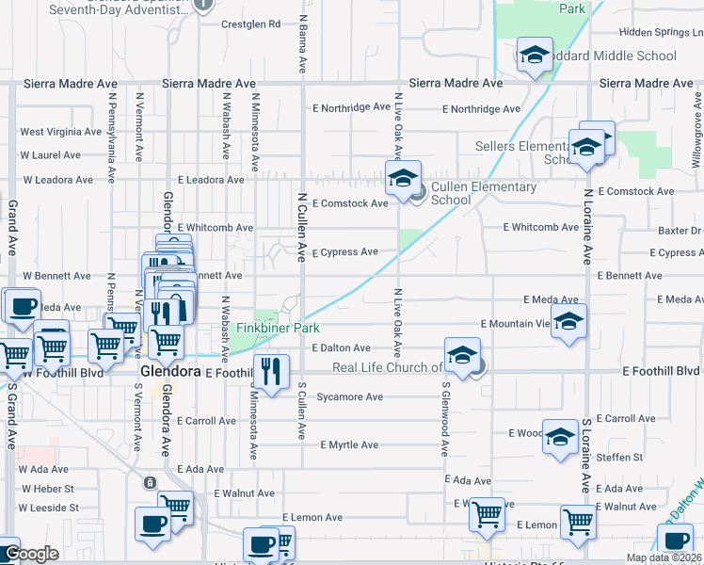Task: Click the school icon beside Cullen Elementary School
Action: tap(403, 177)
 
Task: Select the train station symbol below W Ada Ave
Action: tap(150, 483)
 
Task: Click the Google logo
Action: tap(30, 554)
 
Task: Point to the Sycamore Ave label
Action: tap(349, 397)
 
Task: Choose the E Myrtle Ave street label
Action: tap(349, 444)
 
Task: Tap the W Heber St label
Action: tap(47, 489)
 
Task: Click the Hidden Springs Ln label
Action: tap(662, 32)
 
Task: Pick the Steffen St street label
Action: tap(626, 458)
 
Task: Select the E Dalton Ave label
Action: tap(342, 348)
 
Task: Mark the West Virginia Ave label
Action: tap(60, 132)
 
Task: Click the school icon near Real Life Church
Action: tap(462, 355)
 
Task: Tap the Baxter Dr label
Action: tap(680, 231)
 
